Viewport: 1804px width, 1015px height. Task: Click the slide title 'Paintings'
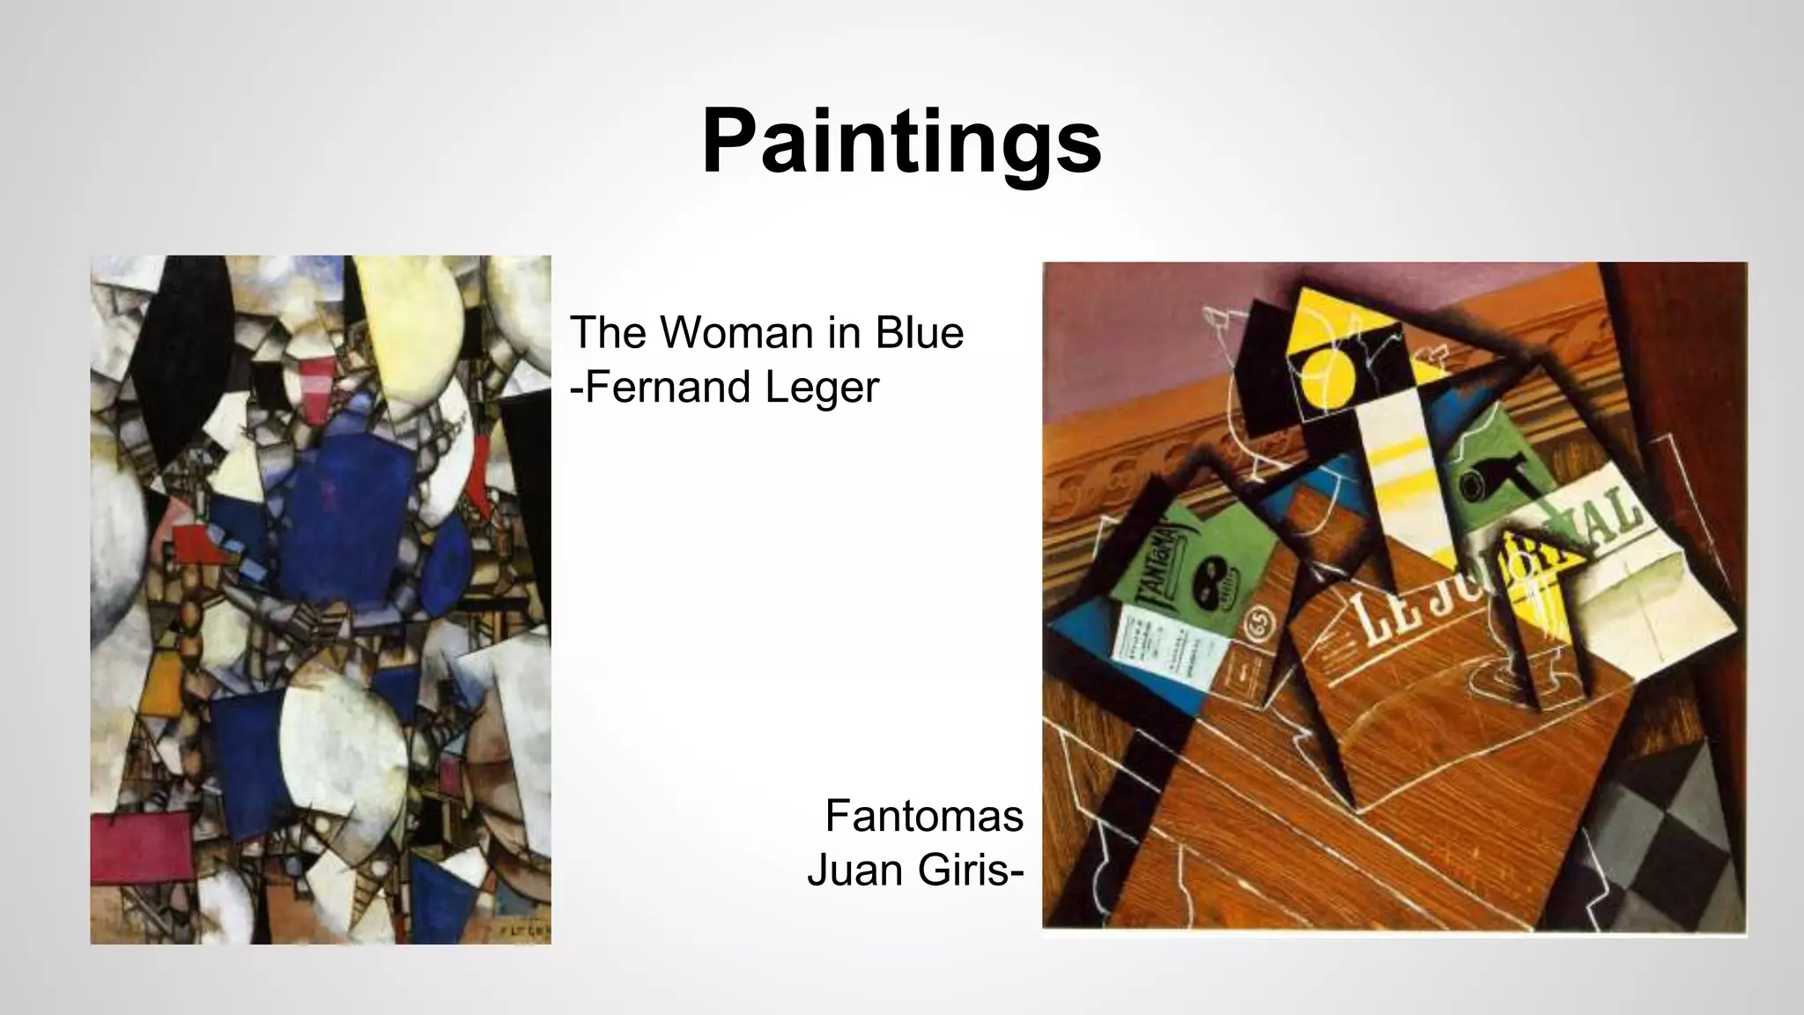(x=901, y=142)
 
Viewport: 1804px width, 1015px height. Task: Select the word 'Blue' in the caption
(x=920, y=333)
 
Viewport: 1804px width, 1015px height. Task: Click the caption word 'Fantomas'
(x=924, y=816)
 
